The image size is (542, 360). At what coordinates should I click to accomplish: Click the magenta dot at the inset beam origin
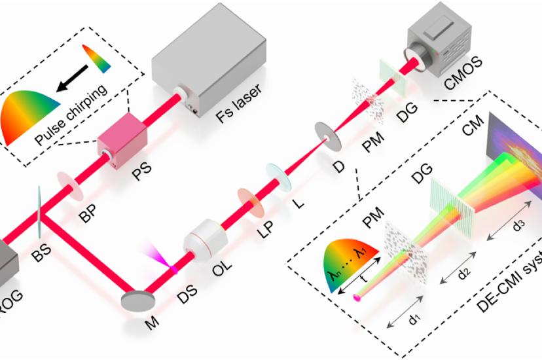click(x=357, y=298)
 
